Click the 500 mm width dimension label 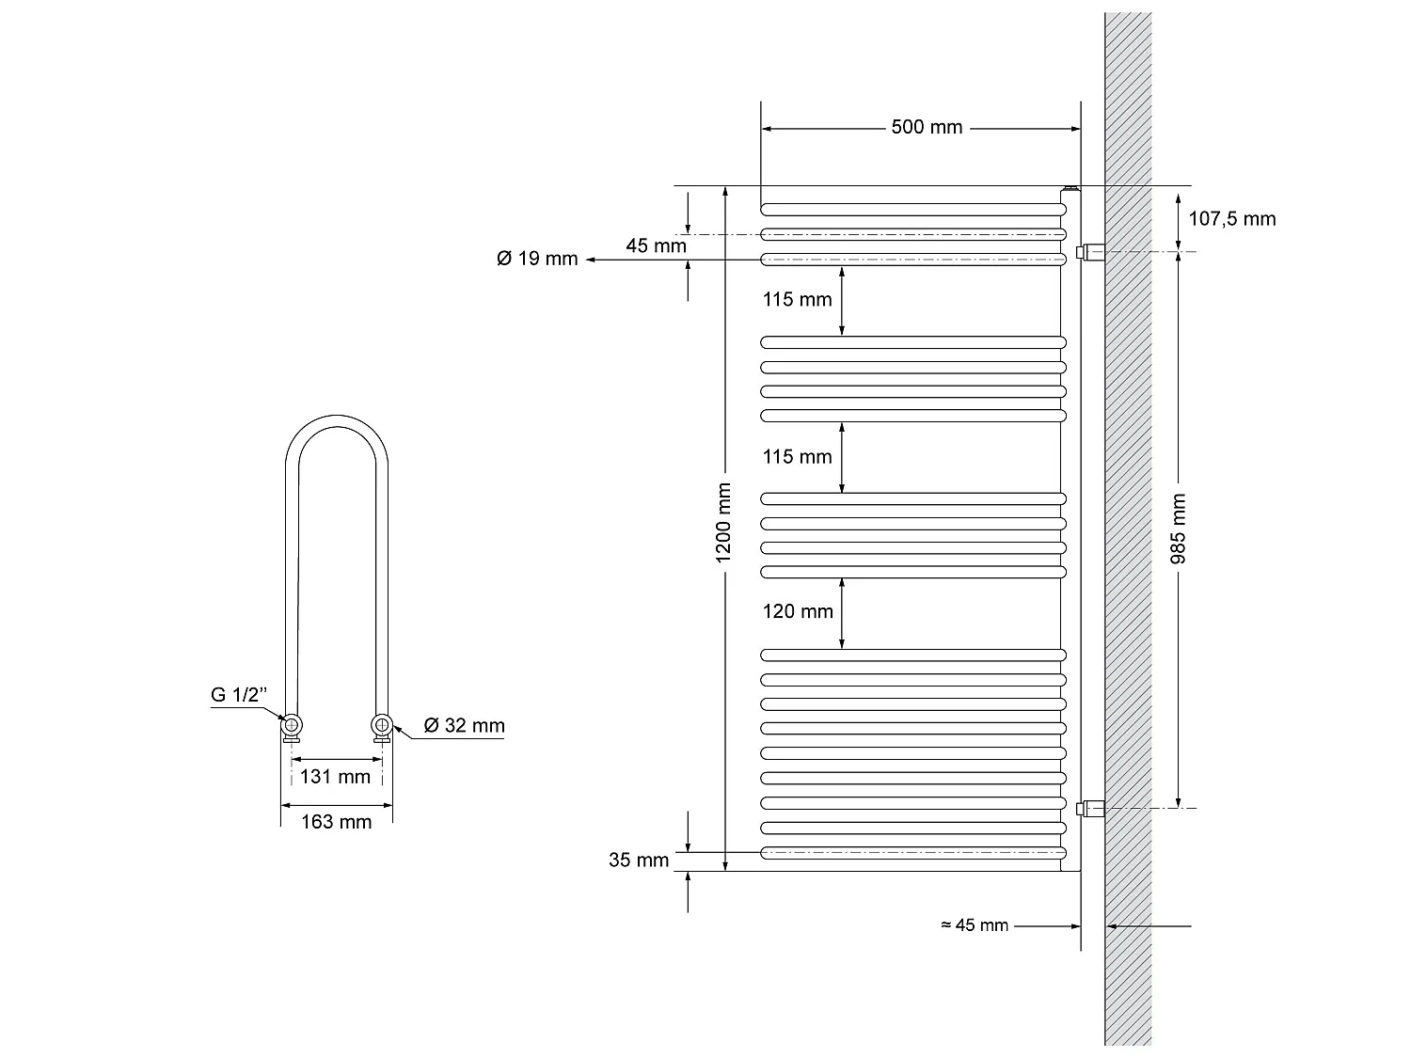(x=927, y=127)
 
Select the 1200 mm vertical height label (x=723, y=524)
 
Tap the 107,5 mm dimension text (x=1232, y=219)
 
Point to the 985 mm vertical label (x=1179, y=529)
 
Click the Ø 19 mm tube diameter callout (x=537, y=259)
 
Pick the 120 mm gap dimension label (x=798, y=612)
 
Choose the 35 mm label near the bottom (x=639, y=860)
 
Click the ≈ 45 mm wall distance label (x=975, y=925)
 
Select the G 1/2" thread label (x=239, y=695)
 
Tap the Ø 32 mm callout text (x=464, y=725)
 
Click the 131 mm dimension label (x=336, y=777)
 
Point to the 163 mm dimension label (x=336, y=822)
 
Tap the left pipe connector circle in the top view (x=293, y=724)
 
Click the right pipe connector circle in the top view (x=381, y=724)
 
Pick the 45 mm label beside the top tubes (x=656, y=246)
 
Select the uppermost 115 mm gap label (x=798, y=300)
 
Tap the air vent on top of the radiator (x=1070, y=191)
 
